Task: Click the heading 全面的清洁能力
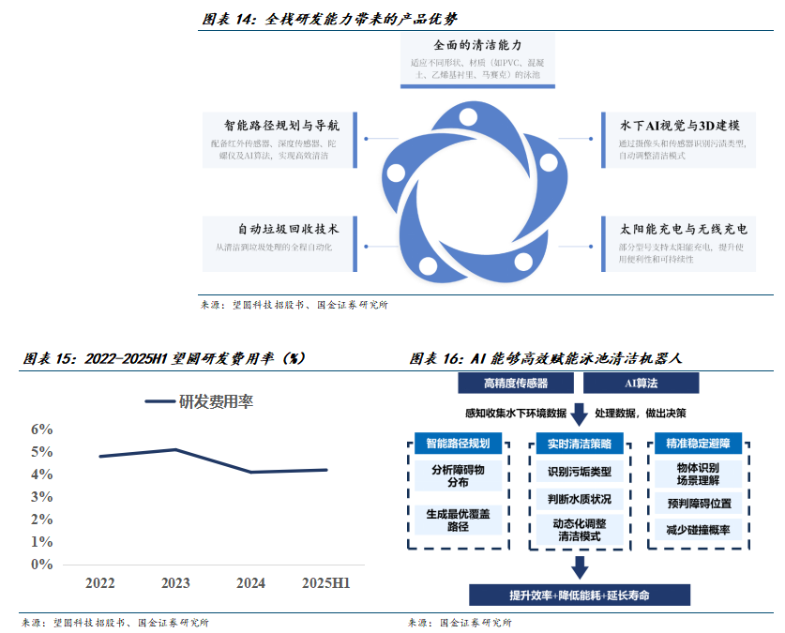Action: [476, 44]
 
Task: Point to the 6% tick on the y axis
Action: [42, 429]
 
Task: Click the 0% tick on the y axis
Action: [42, 565]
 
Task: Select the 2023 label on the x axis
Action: [175, 583]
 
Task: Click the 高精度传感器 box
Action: [516, 383]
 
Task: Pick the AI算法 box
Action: [641, 383]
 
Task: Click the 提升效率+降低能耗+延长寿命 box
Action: [580, 595]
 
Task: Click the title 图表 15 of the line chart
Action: [163, 358]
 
